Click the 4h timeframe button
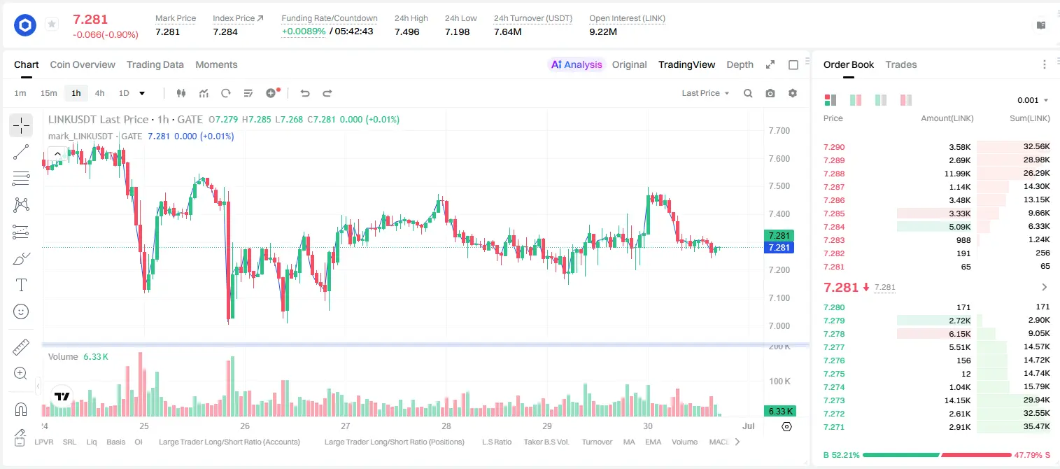(x=99, y=93)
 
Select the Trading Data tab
(x=155, y=64)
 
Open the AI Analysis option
(x=577, y=64)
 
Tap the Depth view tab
(x=740, y=64)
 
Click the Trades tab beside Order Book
(x=901, y=64)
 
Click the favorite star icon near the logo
(x=52, y=24)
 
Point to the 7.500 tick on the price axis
(x=779, y=186)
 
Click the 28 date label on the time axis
(x=446, y=426)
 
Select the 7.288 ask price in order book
(x=834, y=174)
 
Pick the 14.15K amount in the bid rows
(x=957, y=400)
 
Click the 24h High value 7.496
(x=407, y=31)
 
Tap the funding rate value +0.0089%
(x=304, y=31)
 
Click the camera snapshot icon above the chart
(x=770, y=93)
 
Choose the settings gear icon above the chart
(x=793, y=93)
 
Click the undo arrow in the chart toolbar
(x=305, y=93)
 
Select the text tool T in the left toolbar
(x=21, y=285)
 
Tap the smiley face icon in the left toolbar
(x=21, y=311)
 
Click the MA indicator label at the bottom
(x=629, y=442)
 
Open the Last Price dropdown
(x=705, y=93)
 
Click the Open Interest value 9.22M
(x=603, y=31)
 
